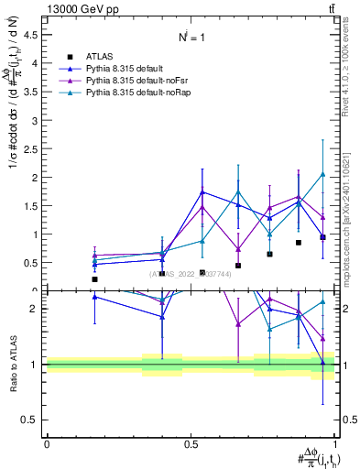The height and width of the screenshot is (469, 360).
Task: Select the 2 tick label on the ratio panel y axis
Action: tap(35, 309)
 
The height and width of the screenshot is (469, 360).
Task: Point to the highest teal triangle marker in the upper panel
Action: tap(322, 174)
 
